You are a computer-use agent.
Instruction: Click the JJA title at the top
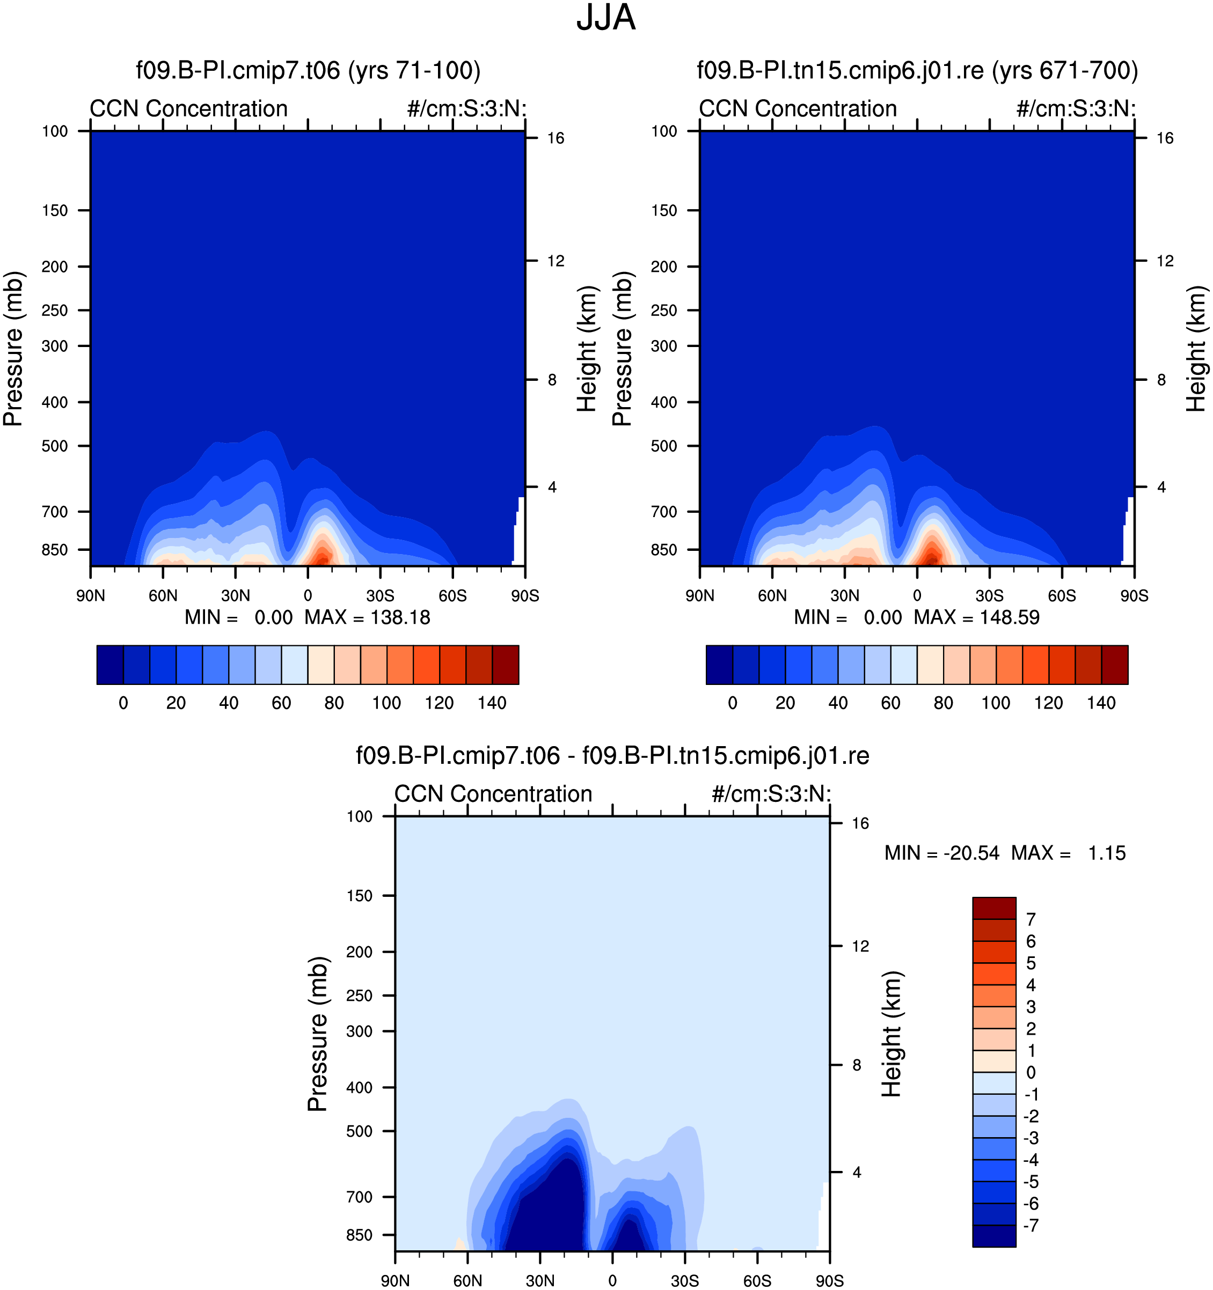click(x=606, y=18)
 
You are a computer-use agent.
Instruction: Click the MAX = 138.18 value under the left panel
click(x=368, y=617)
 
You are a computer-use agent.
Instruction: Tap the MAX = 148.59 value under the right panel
click(x=977, y=617)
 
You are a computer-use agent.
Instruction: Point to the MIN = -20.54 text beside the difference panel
click(x=941, y=853)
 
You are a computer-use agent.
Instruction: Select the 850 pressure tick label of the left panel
click(x=55, y=550)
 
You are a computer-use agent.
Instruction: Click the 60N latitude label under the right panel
click(x=772, y=596)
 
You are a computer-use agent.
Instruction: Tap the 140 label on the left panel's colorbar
click(x=492, y=703)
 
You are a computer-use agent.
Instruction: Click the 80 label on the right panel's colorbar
click(x=943, y=703)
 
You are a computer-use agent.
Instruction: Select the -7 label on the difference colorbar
click(x=1031, y=1226)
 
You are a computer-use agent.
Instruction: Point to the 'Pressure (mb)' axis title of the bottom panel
click(x=318, y=1034)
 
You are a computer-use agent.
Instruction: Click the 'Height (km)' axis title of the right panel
click(x=1196, y=349)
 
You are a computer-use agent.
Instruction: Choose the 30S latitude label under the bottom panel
click(x=685, y=1281)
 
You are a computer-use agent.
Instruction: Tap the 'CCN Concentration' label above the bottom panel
click(x=493, y=794)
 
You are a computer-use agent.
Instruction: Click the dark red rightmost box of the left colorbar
click(x=505, y=665)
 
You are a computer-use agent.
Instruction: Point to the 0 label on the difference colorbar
click(x=1031, y=1073)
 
